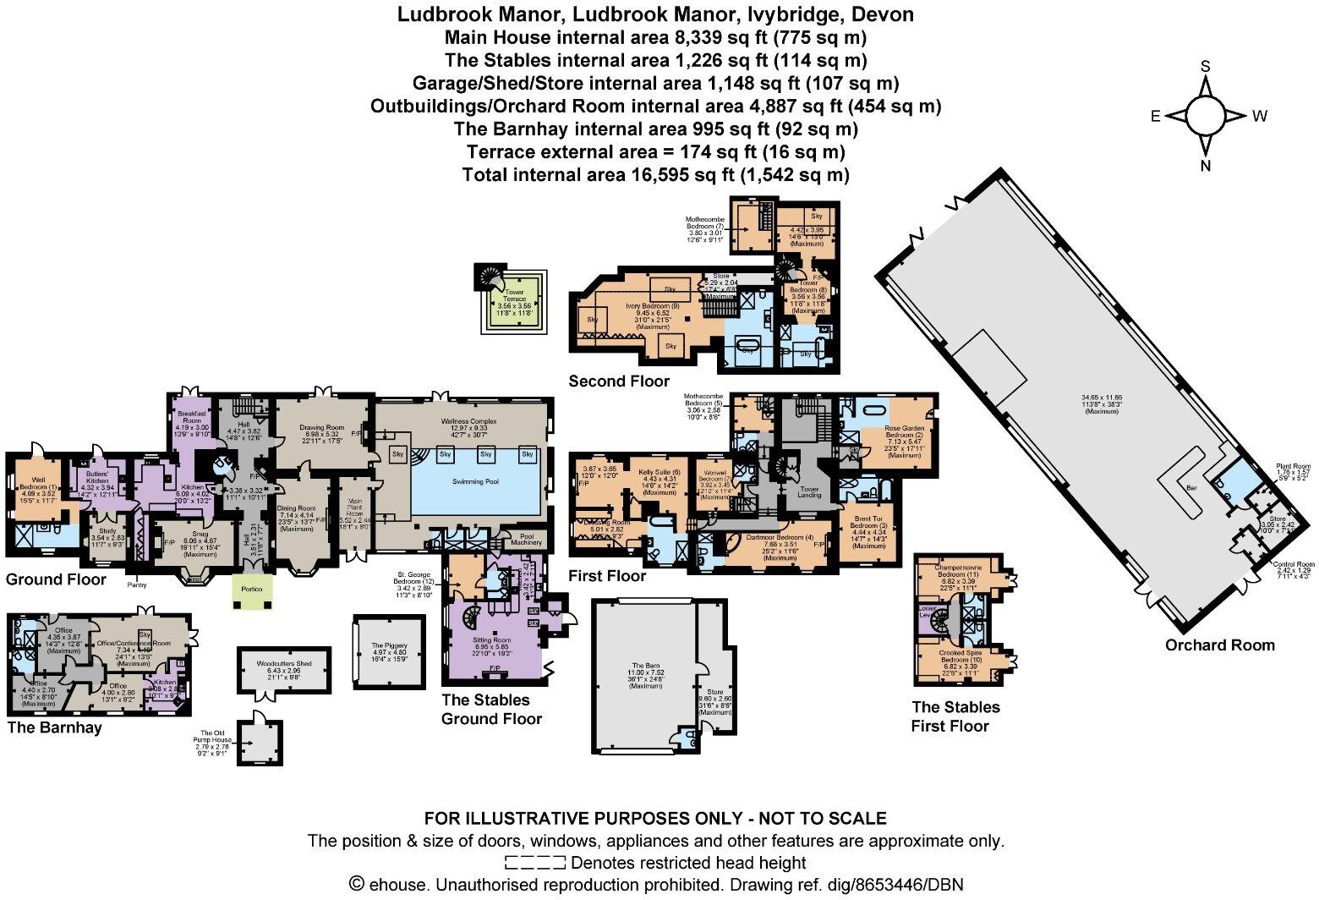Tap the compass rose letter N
(x=1206, y=166)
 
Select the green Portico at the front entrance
(x=254, y=590)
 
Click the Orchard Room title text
(x=1219, y=645)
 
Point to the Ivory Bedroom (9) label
(x=653, y=305)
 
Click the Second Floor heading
(x=619, y=381)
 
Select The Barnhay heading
(x=55, y=727)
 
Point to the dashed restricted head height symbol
(x=534, y=863)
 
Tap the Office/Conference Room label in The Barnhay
(x=134, y=644)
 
